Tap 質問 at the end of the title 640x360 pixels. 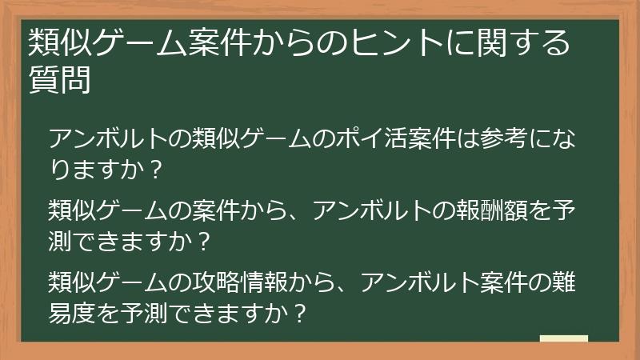point(59,81)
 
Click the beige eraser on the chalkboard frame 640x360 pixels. point(563,339)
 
